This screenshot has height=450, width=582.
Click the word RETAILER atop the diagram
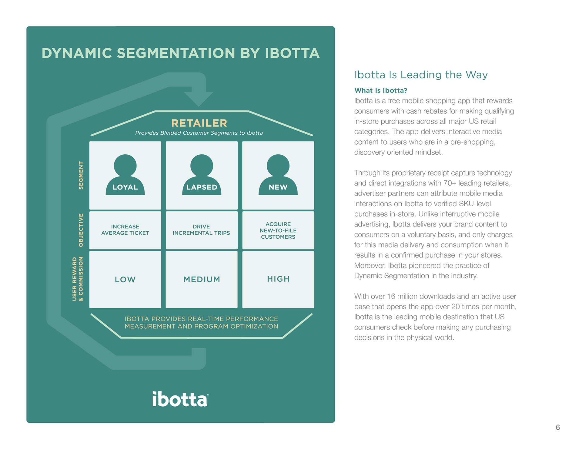coord(199,123)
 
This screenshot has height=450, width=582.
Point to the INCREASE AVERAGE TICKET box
coord(125,230)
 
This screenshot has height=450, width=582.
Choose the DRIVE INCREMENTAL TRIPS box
coord(202,230)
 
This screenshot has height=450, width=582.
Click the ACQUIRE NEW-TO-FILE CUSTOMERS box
coord(278,230)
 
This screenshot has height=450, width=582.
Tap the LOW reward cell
coord(125,279)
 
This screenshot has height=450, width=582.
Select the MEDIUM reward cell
coord(202,279)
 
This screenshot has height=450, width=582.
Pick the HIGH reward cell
coord(278,279)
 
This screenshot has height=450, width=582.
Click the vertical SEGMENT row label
coord(81,175)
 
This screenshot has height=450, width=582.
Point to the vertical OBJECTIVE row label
coord(81,230)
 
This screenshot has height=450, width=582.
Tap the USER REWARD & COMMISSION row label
coord(78,279)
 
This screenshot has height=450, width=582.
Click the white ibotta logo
coord(180,399)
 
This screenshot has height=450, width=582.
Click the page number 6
coord(558,427)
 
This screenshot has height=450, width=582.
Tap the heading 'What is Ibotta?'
coord(381,90)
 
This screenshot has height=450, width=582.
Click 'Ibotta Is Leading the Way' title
coord(421,75)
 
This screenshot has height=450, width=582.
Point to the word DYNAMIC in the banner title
coord(77,53)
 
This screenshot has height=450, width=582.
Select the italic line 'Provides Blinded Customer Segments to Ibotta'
coord(199,133)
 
